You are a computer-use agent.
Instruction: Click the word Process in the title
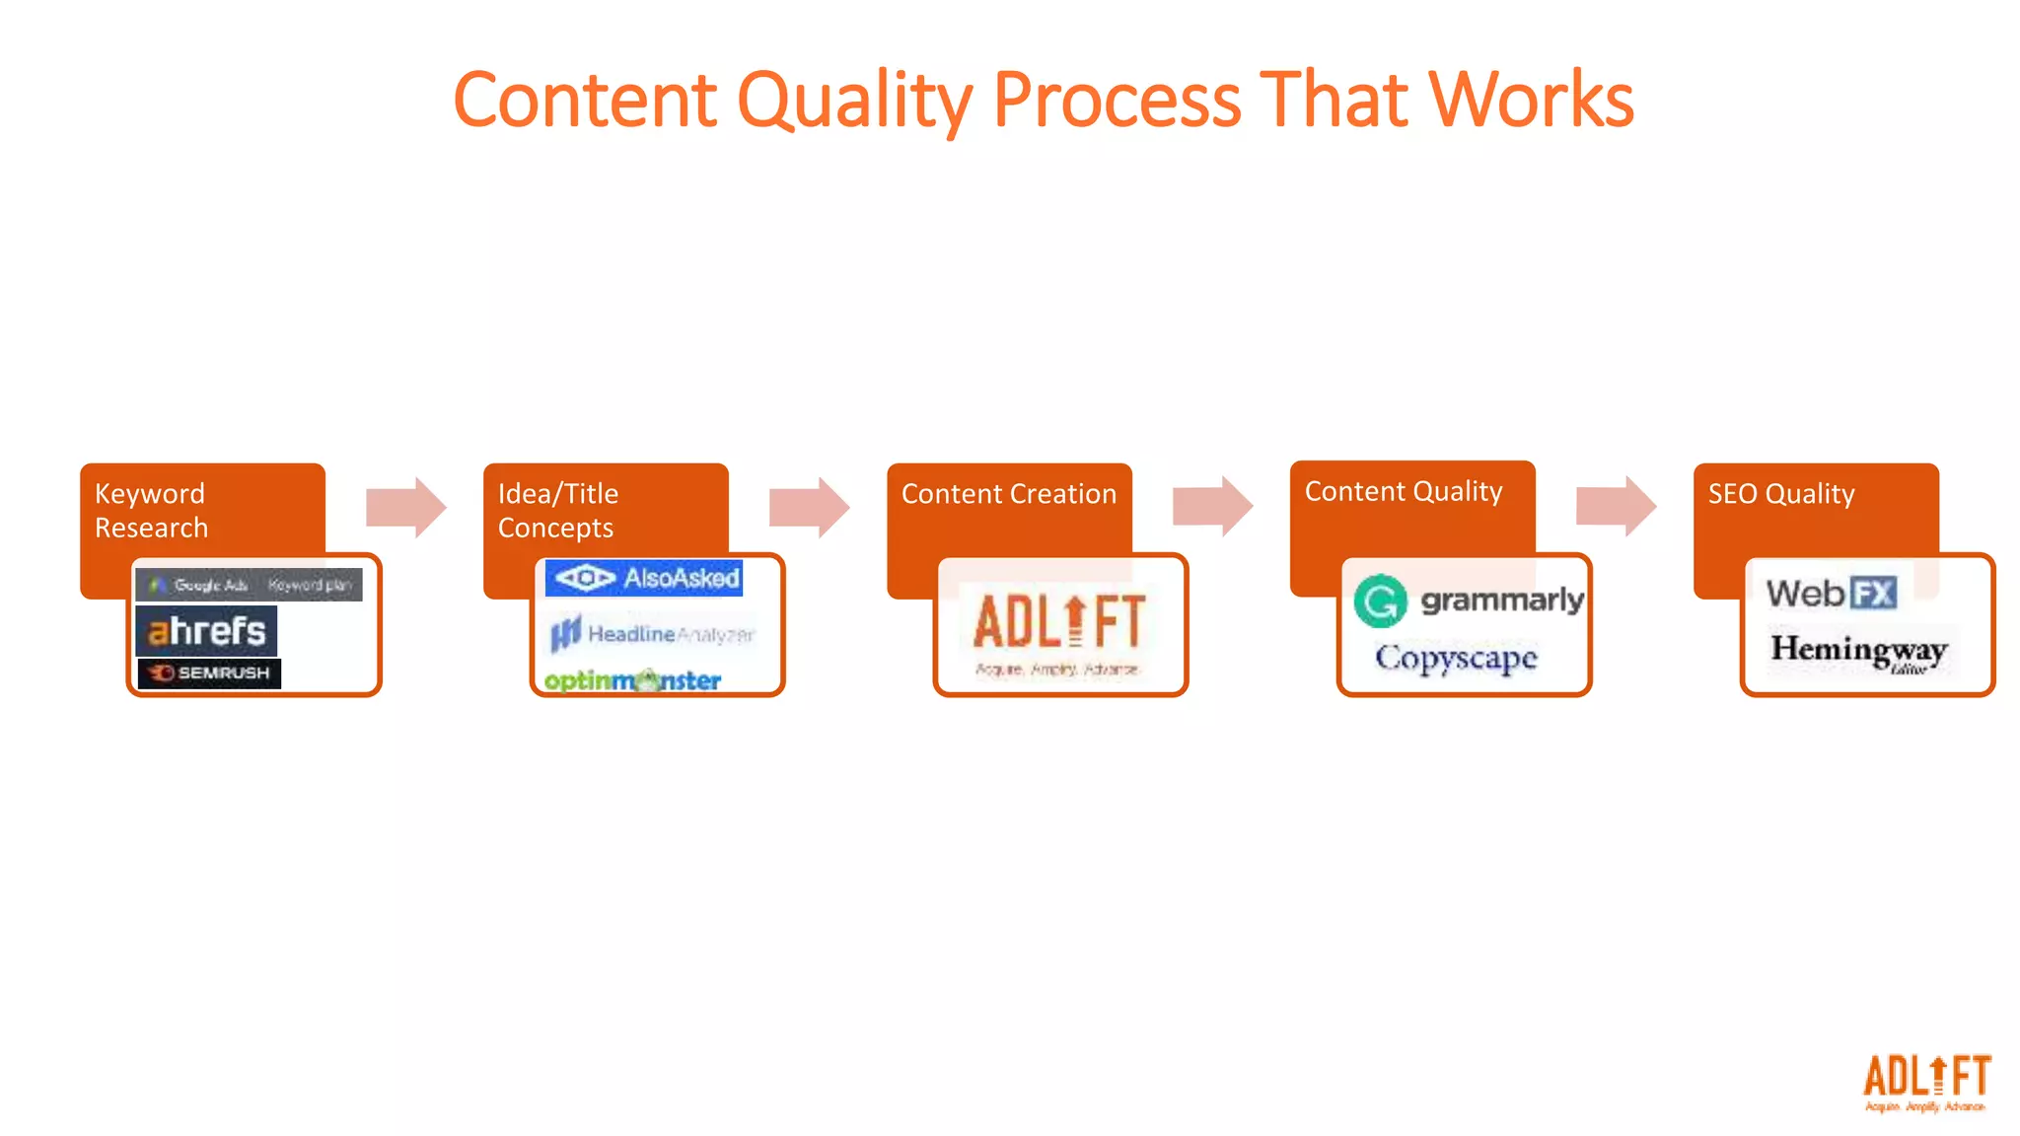coord(1117,101)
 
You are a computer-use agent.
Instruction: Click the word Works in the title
coord(1531,101)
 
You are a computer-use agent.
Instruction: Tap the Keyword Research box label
coord(151,510)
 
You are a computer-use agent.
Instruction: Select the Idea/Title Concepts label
coord(557,510)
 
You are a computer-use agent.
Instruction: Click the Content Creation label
coord(1008,494)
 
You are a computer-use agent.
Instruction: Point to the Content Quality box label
coord(1403,491)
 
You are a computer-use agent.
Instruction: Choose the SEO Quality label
coord(1780,494)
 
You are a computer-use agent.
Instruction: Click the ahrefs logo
coord(206,631)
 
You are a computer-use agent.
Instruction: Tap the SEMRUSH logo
coord(209,673)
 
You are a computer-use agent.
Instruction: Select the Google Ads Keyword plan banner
coord(249,585)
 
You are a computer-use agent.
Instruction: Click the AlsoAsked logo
coord(644,578)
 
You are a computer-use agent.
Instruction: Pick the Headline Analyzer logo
coord(652,634)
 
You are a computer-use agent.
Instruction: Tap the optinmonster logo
coord(632,680)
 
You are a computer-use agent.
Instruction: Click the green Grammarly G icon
coord(1380,601)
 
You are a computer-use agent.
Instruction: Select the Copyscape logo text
coord(1456,658)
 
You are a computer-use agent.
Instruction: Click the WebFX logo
coord(1831,594)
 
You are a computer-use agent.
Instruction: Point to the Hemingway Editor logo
coord(1859,651)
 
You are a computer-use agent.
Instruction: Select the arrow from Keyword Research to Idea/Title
coord(405,508)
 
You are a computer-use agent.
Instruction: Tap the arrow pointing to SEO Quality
coord(1616,506)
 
